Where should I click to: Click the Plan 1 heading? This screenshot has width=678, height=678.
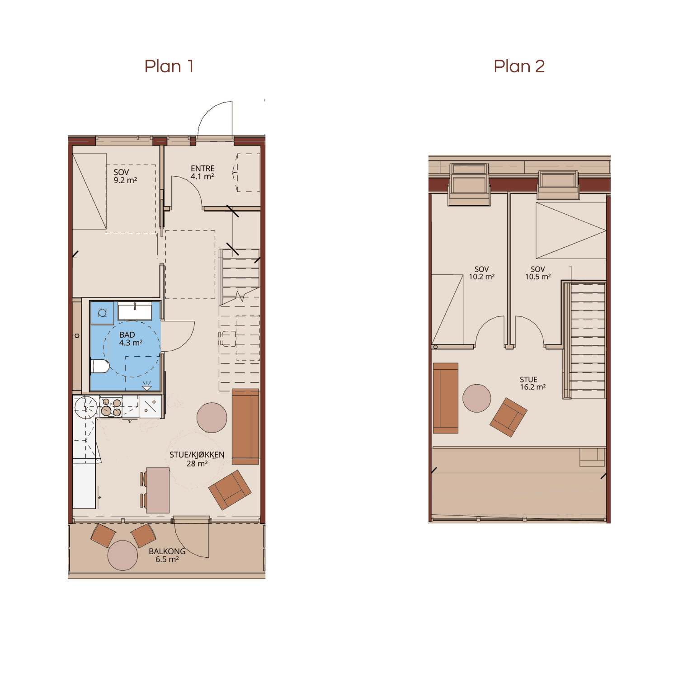pos(169,66)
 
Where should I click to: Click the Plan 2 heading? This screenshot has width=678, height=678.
pos(519,66)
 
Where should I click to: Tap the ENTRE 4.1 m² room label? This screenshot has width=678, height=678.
pos(202,172)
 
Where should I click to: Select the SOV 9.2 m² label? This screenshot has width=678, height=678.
pos(125,176)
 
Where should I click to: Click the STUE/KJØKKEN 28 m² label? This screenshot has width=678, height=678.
pos(197,459)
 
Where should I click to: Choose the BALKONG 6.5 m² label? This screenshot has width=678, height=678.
pos(167,555)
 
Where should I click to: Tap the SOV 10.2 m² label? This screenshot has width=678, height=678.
pos(481,273)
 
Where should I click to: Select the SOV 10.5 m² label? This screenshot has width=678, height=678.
pos(537,273)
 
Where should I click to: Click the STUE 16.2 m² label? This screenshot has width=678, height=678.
pos(532,383)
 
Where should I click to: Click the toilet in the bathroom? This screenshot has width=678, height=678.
pos(100,366)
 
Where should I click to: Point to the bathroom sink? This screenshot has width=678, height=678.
pos(135,311)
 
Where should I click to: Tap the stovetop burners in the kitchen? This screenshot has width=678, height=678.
pos(111,406)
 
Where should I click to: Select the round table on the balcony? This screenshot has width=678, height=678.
pos(122,555)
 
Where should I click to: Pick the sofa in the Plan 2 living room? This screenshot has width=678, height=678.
pos(446,398)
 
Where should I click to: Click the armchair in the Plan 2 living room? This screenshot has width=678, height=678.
pos(508,417)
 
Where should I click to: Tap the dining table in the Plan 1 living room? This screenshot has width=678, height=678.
pos(158,490)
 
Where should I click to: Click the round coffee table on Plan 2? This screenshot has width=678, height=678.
pos(477,398)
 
